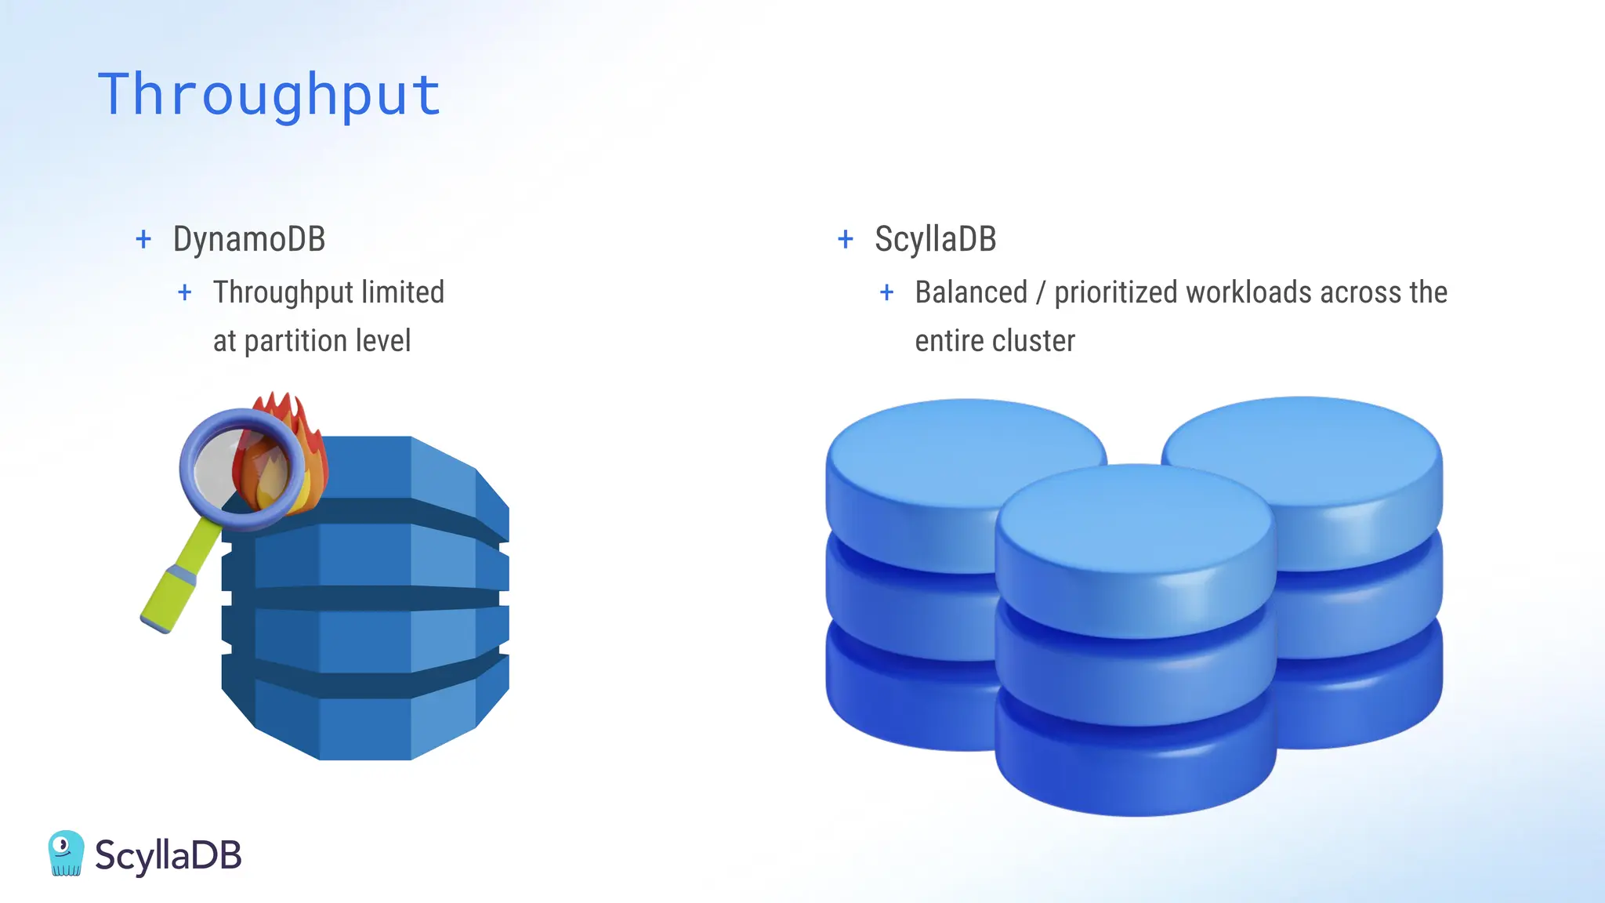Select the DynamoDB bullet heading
pos(248,239)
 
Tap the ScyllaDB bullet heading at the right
pos(935,239)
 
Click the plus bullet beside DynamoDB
pos(143,239)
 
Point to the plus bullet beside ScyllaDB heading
pos(845,239)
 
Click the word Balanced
pos(971,292)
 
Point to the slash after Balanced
pos(1041,293)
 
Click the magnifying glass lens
pos(235,467)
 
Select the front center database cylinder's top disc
pos(1135,517)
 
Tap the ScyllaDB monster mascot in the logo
pos(66,853)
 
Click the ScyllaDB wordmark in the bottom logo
pos(168,854)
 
